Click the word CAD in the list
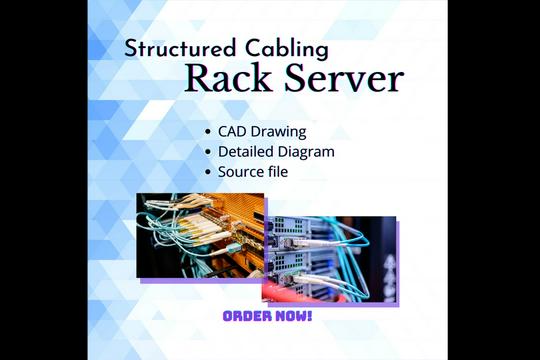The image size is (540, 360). coord(234,131)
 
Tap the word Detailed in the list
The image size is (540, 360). coord(249,151)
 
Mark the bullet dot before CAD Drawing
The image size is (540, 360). coord(207,132)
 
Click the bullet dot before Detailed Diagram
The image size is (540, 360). coord(207,152)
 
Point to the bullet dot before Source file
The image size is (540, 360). coord(207,172)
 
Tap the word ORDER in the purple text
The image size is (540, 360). coord(246,316)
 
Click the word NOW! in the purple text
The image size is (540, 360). coord(292,316)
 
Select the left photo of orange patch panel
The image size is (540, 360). coord(200,235)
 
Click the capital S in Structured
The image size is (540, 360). coord(131,48)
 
